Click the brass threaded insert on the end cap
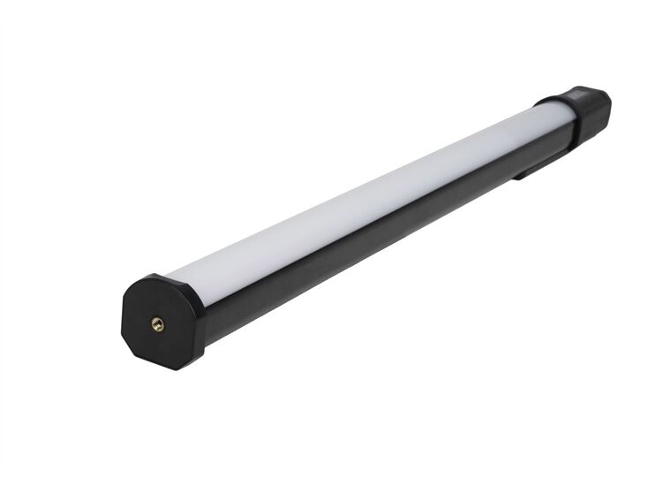point(158,324)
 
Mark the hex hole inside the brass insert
point(158,324)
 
